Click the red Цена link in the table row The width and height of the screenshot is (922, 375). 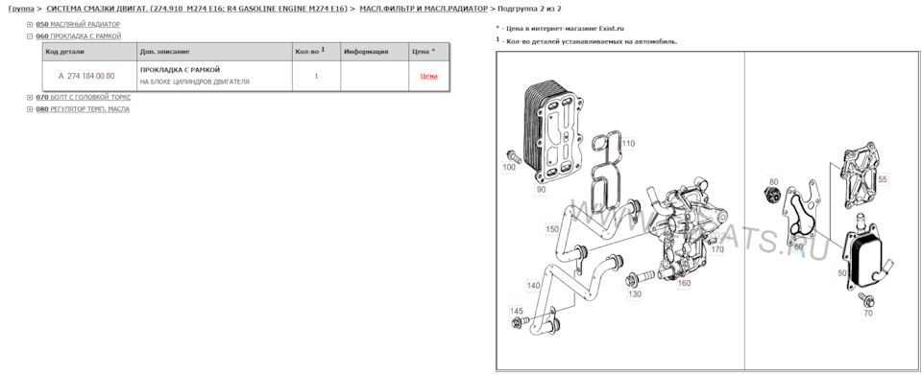click(x=428, y=76)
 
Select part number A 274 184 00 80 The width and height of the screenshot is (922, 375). click(x=85, y=76)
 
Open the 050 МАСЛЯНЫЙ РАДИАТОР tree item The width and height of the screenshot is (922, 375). click(x=78, y=24)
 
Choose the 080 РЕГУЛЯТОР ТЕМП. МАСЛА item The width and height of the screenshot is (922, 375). click(x=82, y=109)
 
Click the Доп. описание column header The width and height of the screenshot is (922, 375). click(x=164, y=51)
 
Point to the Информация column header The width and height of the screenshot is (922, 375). click(x=365, y=51)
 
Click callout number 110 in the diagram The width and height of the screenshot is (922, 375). click(x=628, y=144)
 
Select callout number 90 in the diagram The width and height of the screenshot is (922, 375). click(x=541, y=190)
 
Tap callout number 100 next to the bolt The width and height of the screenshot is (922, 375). click(x=509, y=167)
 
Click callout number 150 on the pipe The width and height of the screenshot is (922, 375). click(x=552, y=229)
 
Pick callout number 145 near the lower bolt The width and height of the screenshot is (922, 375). click(x=517, y=311)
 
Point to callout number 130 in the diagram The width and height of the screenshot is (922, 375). click(x=635, y=293)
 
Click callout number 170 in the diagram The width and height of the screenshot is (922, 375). click(x=716, y=249)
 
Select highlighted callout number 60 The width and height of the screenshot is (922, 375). click(x=798, y=246)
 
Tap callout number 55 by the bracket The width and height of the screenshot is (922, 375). click(x=883, y=179)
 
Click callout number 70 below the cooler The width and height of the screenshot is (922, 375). click(x=868, y=313)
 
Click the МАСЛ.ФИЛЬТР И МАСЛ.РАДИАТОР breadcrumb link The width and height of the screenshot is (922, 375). click(x=429, y=9)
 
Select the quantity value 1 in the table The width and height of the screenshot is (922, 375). click(x=316, y=76)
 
